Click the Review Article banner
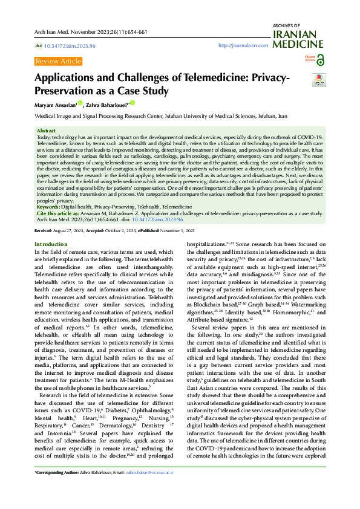pos(58,61)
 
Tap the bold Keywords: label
pos(49,207)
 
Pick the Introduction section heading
pos(51,244)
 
